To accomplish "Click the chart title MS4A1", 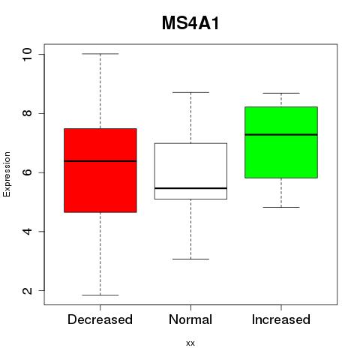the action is (x=190, y=23).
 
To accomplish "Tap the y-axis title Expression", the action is (x=7, y=174).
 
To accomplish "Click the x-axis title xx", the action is (x=190, y=343).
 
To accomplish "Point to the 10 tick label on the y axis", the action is (x=27, y=54).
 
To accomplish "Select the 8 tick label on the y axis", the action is (x=27, y=113).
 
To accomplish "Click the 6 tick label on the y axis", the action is (x=27, y=172).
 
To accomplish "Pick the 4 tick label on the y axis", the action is (x=27, y=231).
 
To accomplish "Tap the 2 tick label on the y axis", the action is (x=27, y=290).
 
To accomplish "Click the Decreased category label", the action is (x=100, y=319).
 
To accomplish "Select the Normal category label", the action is (x=190, y=319).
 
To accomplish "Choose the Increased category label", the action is (x=281, y=319).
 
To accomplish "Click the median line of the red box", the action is (x=100, y=161).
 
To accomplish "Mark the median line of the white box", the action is (x=190, y=188).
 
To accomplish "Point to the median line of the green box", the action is (x=281, y=134).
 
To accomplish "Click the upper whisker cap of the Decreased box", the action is (x=100, y=54).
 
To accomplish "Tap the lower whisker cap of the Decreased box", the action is (x=100, y=295).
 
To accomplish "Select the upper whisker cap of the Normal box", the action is (x=190, y=92).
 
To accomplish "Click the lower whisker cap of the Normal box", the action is (x=190, y=259).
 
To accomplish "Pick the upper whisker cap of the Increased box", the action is (x=281, y=93).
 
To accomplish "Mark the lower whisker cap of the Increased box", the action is (x=281, y=207).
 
